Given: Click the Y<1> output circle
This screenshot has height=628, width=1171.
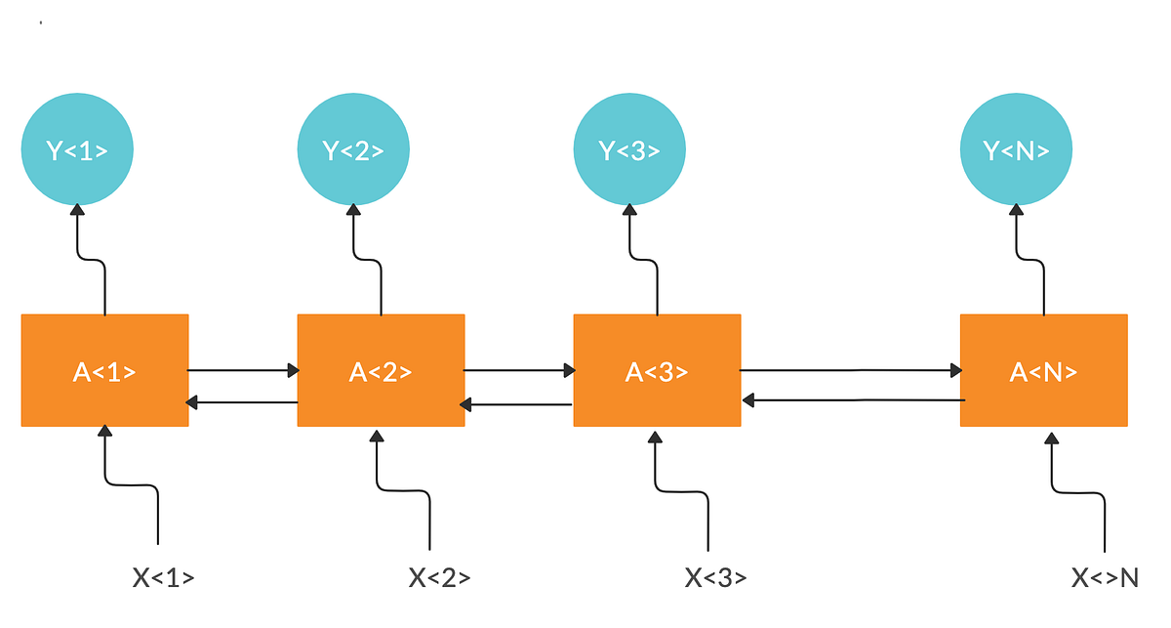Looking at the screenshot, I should pos(77,150).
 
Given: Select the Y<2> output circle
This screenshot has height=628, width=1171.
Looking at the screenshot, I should pos(353,150).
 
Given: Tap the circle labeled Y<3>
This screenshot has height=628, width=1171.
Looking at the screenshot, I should pos(629,150).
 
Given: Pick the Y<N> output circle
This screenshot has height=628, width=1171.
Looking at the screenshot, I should pos(1017,150).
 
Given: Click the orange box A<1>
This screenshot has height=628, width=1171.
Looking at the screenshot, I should pos(104,371).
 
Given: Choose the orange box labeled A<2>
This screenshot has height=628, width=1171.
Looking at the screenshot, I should pos(381,371).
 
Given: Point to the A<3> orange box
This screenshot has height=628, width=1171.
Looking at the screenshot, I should pos(657,371).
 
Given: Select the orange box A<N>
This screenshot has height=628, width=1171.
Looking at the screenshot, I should pos(1044,371).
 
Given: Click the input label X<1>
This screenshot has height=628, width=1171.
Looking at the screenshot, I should pos(163,578).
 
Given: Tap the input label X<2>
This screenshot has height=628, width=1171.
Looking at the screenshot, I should pos(439,578).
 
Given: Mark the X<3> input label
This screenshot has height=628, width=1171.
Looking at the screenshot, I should pos(715,578).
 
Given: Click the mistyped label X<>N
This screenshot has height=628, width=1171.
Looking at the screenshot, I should pos(1105,578).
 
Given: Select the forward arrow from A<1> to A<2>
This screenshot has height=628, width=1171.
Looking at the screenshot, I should pos(243,370).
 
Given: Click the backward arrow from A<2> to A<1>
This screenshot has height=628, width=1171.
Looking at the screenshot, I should pos(243,401).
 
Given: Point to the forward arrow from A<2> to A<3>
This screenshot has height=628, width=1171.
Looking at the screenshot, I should pos(519,370).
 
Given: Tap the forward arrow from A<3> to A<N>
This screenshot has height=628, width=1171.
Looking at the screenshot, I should pos(851,370).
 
